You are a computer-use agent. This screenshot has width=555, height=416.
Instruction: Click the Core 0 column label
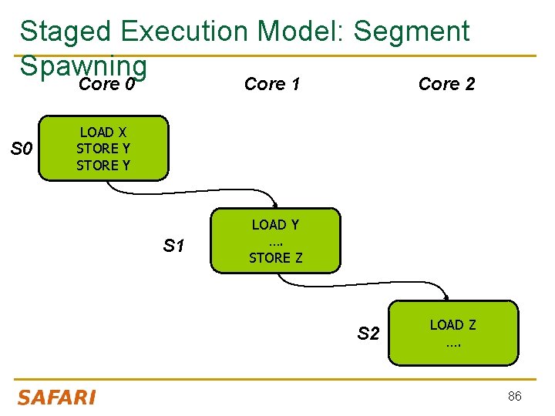click(107, 84)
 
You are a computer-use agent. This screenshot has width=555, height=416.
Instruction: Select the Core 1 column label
click(271, 84)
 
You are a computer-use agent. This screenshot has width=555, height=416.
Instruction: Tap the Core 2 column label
click(446, 84)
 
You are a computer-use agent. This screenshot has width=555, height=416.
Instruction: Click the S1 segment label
click(173, 247)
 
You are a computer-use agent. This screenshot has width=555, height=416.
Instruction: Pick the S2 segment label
click(368, 334)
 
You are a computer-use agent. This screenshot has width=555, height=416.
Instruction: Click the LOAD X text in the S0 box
click(103, 133)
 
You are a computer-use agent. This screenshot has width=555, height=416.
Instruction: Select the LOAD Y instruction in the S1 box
click(275, 225)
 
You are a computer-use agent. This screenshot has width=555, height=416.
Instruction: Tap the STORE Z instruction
click(275, 258)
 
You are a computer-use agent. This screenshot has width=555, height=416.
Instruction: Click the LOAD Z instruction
click(452, 325)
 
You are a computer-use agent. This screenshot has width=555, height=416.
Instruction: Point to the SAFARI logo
click(56, 398)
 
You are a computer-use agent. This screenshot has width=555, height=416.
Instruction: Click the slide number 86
click(514, 396)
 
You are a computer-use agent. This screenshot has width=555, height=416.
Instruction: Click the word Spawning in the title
click(82, 65)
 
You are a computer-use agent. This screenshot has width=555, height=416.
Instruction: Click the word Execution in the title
click(184, 32)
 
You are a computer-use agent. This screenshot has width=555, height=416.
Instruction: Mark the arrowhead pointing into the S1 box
click(274, 205)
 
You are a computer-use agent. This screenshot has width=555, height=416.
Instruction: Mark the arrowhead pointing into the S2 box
click(447, 297)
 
